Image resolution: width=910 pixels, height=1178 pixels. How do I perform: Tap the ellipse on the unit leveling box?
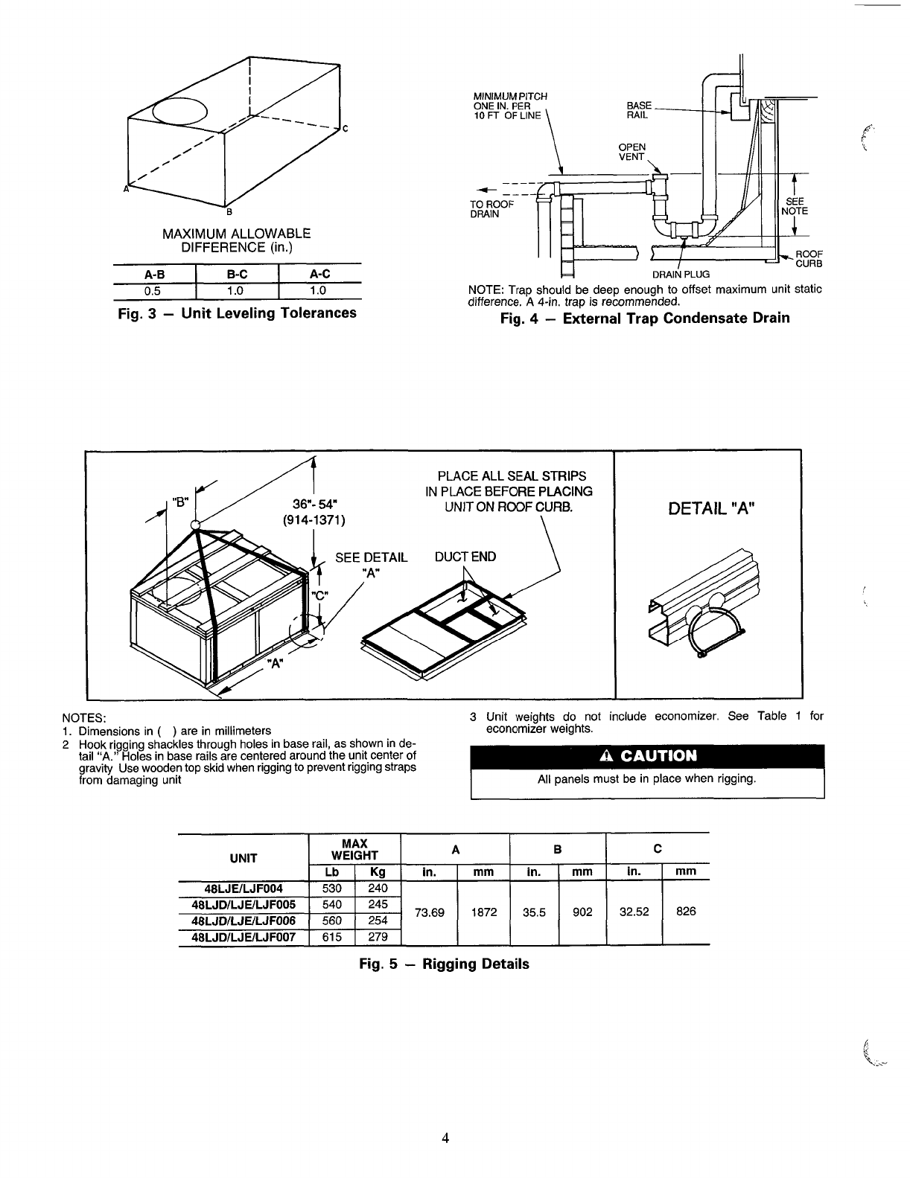(178, 112)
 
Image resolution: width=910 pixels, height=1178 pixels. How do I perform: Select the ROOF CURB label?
(809, 258)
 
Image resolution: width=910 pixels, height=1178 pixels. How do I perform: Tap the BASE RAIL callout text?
(639, 110)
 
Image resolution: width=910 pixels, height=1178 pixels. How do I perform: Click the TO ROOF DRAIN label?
(491, 209)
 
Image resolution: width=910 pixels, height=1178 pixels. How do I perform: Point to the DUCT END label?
(465, 557)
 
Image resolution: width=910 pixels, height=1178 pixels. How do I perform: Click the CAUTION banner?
(647, 756)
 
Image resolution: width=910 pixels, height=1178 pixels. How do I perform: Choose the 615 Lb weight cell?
(331, 937)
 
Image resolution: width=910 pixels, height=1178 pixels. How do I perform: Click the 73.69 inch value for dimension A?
(430, 912)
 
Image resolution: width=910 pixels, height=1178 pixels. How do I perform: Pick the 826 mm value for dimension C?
(686, 912)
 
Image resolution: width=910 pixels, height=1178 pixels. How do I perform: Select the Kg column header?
(378, 871)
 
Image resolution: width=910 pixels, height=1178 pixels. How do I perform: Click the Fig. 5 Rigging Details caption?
(444, 964)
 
